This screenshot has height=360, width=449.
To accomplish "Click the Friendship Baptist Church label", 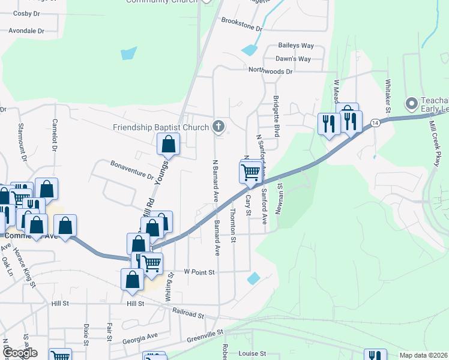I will tap(160, 127).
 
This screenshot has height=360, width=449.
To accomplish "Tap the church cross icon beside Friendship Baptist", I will tap(218, 127).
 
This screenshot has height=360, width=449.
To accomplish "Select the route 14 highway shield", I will tap(375, 122).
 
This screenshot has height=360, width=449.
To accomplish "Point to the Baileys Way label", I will tap(296, 46).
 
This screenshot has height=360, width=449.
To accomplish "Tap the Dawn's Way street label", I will tap(293, 59).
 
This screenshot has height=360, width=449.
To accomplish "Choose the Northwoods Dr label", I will tap(270, 71).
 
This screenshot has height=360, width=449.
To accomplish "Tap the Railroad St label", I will tap(187, 313).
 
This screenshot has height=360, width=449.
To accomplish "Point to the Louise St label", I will tap(252, 354).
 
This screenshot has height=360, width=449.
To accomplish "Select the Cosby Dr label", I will tap(26, 13).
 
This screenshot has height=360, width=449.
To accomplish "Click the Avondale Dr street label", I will tap(26, 30).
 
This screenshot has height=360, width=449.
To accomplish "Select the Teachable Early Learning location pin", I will tap(412, 104).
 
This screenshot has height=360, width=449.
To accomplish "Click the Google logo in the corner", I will tap(19, 353).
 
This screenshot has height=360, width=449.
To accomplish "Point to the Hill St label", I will tap(136, 304).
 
